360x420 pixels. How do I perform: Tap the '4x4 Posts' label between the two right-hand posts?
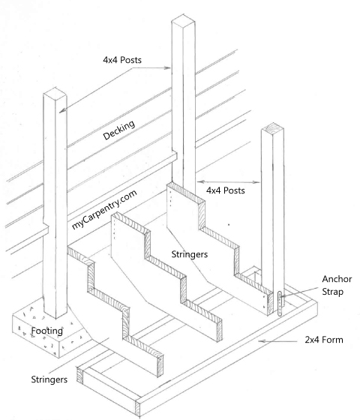point(228,192)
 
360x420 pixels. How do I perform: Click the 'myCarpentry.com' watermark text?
point(104,209)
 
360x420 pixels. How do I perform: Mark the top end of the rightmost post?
point(274,131)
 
